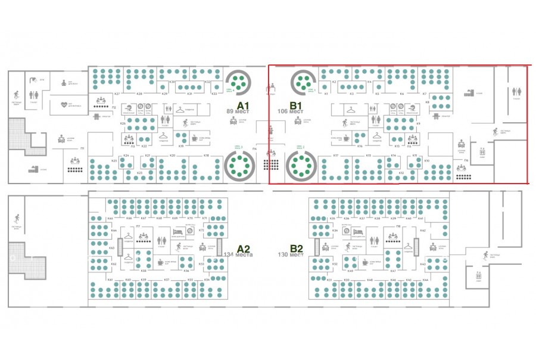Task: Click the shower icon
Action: pyautogui.click(x=35, y=79)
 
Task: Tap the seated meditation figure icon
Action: pyautogui.click(x=64, y=83)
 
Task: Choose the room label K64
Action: pyautogui.click(x=111, y=230)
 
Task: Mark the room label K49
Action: pyautogui.click(x=350, y=271)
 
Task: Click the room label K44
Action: pyautogui.click(x=425, y=280)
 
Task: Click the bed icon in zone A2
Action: pyautogui.click(x=176, y=231)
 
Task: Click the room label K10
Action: pyautogui.click(x=426, y=161)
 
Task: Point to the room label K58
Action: pyautogui.click(x=144, y=271)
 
